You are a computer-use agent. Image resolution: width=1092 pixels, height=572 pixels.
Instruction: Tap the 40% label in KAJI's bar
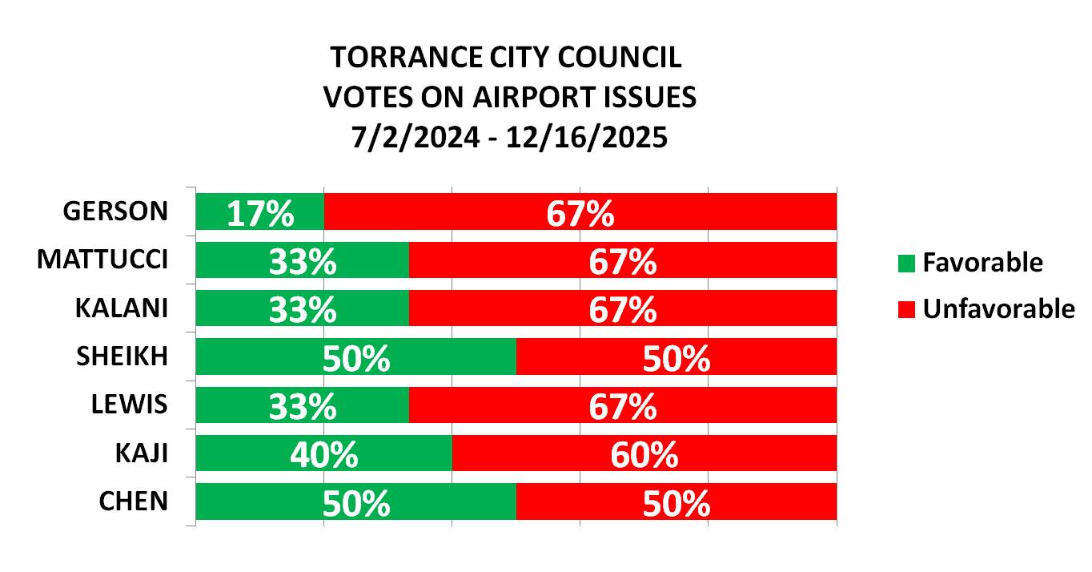[x=323, y=455]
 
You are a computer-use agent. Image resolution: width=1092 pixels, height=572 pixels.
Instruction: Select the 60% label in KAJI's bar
[x=644, y=455]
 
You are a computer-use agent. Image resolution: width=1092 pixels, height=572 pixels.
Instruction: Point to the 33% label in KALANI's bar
[x=303, y=310]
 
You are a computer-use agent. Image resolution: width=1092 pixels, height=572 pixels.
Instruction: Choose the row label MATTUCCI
[x=102, y=260]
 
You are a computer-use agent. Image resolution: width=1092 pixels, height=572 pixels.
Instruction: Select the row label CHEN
[x=134, y=501]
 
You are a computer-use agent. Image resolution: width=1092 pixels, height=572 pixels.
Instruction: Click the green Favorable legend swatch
[x=905, y=263]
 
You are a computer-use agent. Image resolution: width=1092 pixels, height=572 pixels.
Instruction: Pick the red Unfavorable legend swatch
[x=905, y=309]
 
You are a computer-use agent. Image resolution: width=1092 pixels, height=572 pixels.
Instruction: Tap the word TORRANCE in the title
[x=395, y=58]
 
